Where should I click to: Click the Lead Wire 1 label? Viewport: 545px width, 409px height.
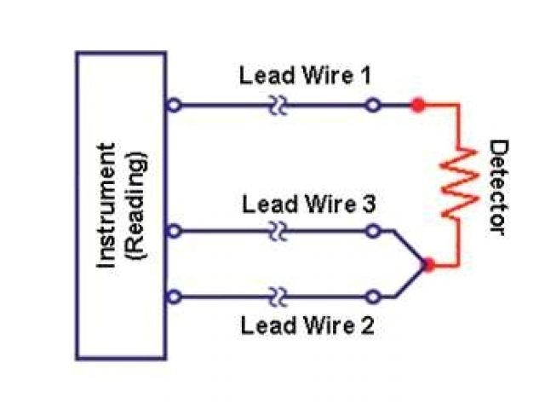pyautogui.click(x=304, y=76)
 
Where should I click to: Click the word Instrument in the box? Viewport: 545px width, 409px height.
pyautogui.click(x=107, y=205)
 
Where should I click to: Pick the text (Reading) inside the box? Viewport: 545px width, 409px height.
pyautogui.click(x=136, y=205)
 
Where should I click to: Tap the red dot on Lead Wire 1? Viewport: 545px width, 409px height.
pyautogui.click(x=417, y=106)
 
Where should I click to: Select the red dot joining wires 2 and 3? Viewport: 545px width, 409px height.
pyautogui.click(x=429, y=265)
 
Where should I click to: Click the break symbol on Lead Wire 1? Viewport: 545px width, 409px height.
pyautogui.click(x=278, y=106)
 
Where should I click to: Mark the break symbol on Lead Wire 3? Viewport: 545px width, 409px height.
pyautogui.click(x=278, y=231)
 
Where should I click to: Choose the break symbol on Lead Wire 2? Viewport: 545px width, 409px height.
pyautogui.click(x=278, y=297)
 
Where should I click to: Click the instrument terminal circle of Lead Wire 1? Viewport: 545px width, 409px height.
pyautogui.click(x=175, y=106)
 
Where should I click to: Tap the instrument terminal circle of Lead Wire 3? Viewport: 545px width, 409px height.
pyautogui.click(x=175, y=231)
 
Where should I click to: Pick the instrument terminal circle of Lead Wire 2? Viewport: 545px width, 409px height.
pyautogui.click(x=175, y=297)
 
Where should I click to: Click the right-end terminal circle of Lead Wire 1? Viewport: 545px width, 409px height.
pyautogui.click(x=372, y=106)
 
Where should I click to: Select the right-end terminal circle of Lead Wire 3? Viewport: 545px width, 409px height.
pyautogui.click(x=372, y=231)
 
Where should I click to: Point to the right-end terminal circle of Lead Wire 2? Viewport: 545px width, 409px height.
pyautogui.click(x=372, y=297)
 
